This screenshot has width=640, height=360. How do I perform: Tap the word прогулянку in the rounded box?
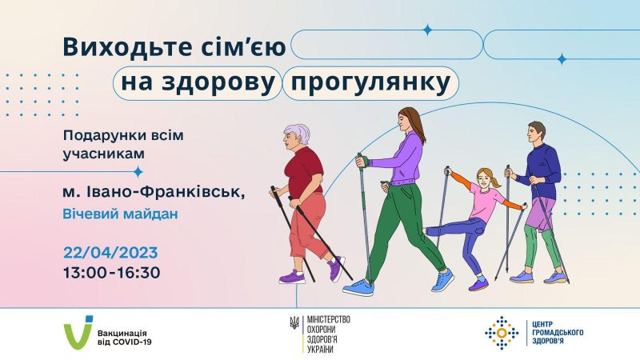pyautogui.click(x=370, y=83)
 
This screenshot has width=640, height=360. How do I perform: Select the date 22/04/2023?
pyautogui.click(x=110, y=253)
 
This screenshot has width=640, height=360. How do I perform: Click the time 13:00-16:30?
pyautogui.click(x=111, y=273)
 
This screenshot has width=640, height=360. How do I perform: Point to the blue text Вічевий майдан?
pyautogui.click(x=121, y=214)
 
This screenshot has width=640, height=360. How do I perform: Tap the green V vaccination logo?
pyautogui.click(x=78, y=332)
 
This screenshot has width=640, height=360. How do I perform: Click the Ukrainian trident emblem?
pyautogui.click(x=294, y=322)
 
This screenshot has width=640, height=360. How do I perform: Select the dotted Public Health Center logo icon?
pyautogui.click(x=502, y=333)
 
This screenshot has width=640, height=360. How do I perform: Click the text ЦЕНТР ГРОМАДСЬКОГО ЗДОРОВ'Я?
pyautogui.click(x=558, y=333)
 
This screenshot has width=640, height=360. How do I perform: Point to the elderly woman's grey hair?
pyautogui.click(x=298, y=134)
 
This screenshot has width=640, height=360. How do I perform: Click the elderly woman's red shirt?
pyautogui.click(x=304, y=171)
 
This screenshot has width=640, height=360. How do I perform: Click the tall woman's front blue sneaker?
pyautogui.click(x=358, y=287)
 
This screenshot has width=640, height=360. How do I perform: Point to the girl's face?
pyautogui.click(x=483, y=179)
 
